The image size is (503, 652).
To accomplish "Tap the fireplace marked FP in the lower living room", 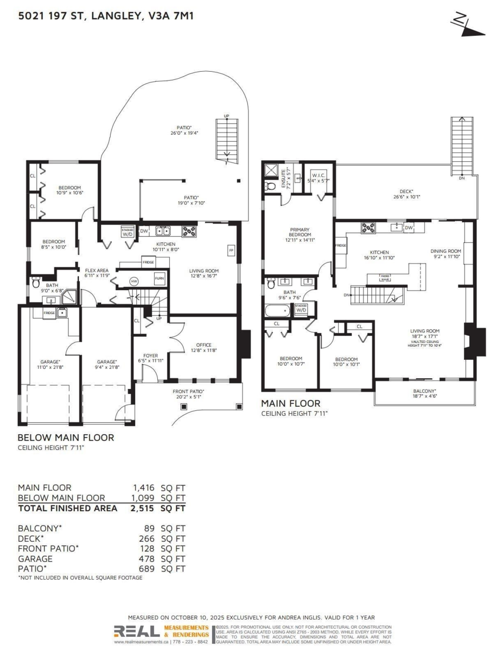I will coord(231,250).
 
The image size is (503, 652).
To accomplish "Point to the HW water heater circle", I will coord(135,281).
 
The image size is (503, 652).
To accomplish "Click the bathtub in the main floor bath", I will coord(278,312).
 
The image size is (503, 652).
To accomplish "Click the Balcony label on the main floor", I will coord(424,393).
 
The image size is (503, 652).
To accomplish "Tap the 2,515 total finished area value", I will coord(143,509).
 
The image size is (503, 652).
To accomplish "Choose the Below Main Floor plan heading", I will coord(66,437).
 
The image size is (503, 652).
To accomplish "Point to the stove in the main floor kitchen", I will coord(368,228).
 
